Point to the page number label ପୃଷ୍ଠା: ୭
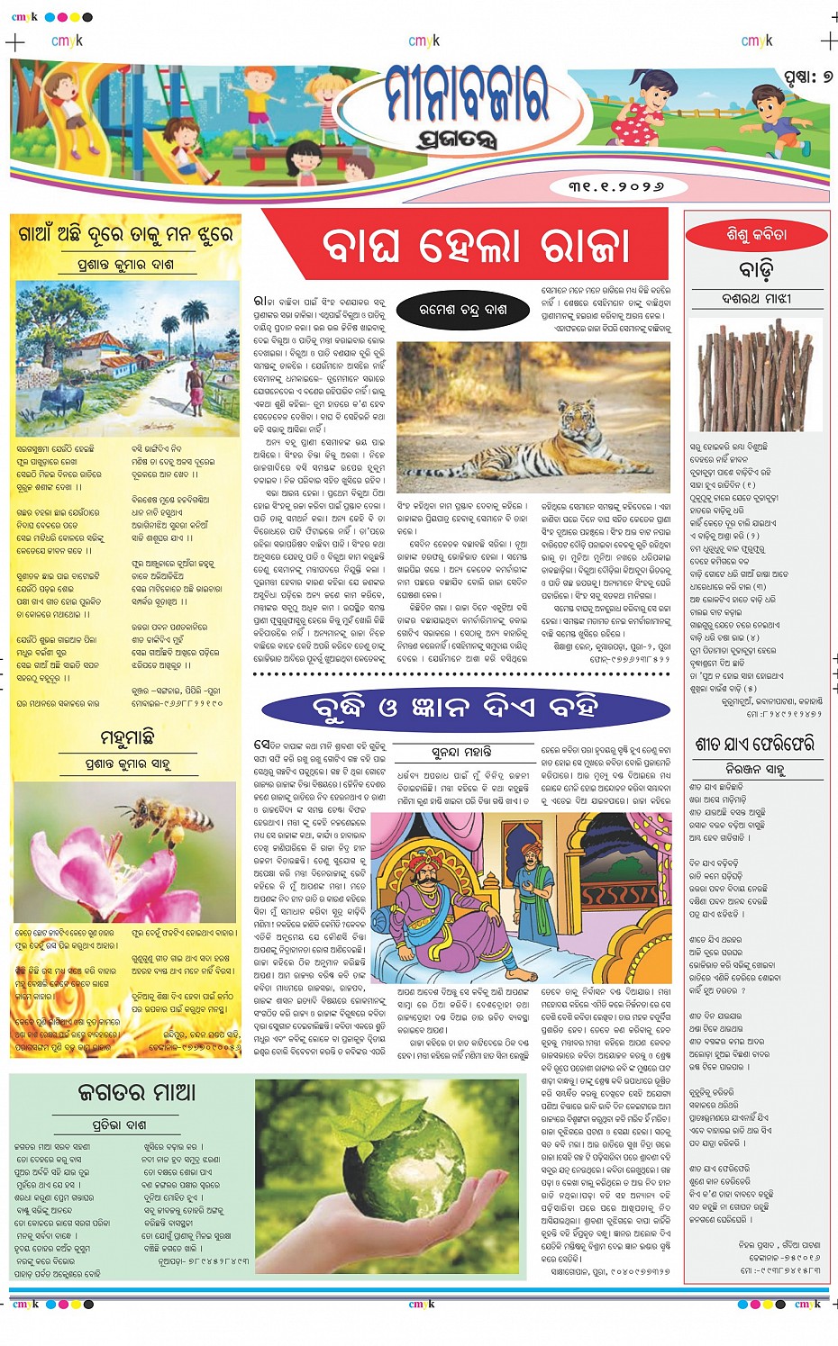806,77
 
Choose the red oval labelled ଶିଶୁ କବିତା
756,235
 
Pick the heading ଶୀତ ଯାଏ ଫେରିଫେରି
754,745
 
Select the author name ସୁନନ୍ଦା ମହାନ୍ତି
461,751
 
